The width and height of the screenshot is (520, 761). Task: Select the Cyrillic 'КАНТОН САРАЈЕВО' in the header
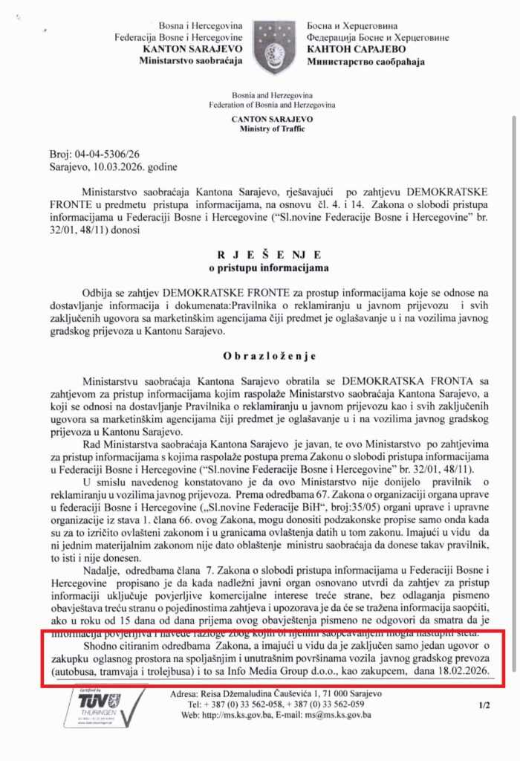click(x=351, y=50)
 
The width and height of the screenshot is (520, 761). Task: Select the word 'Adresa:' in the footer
click(x=185, y=693)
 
